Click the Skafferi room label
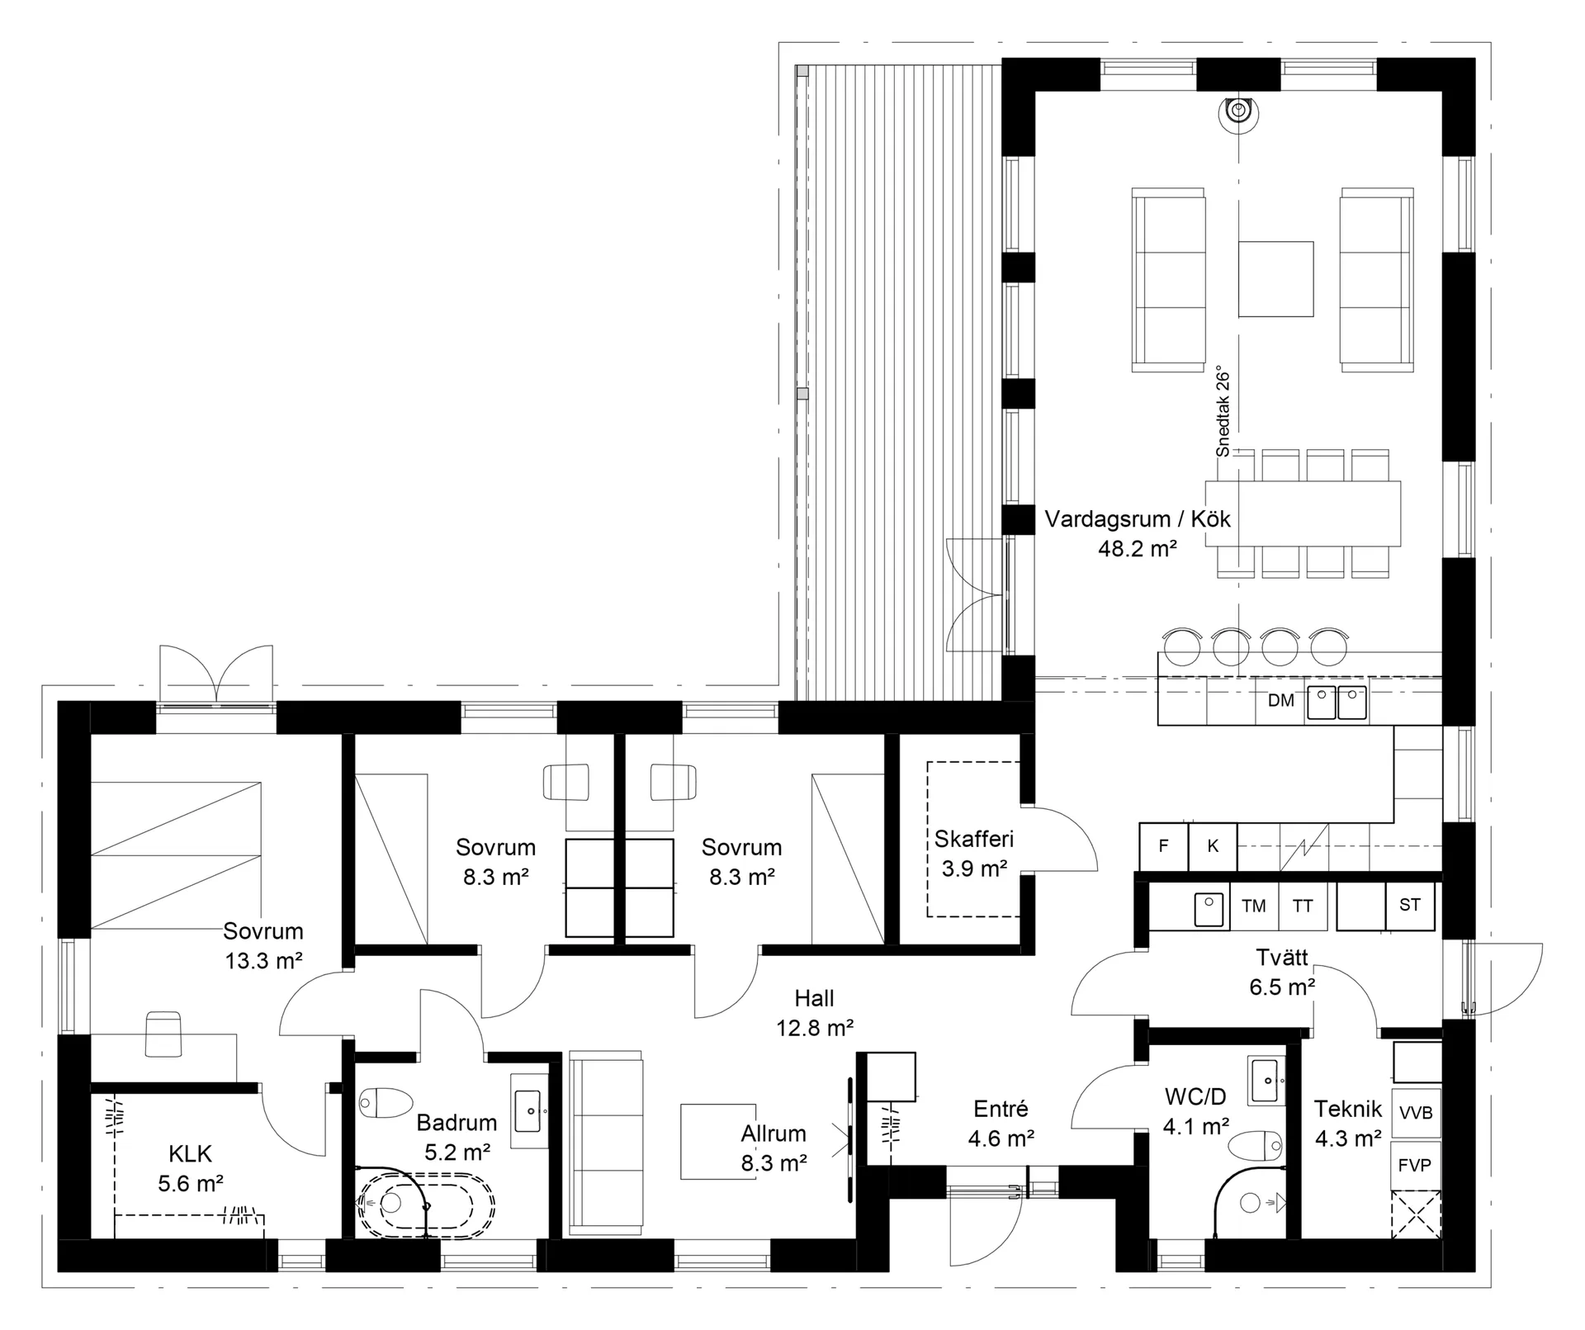coord(974,840)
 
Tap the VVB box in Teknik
coord(1416,1113)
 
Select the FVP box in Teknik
coord(1416,1165)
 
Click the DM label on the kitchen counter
coord(1280,701)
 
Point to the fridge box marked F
coord(1164,846)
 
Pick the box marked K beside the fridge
coord(1213,846)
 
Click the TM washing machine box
coord(1254,906)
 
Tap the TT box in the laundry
coord(1303,906)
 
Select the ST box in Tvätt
coord(1410,906)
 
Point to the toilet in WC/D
coord(1256,1146)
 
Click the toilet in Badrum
coord(386,1102)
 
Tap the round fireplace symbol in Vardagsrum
coord(1237,111)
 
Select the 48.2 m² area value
coord(1137,548)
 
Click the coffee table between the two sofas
coord(1275,278)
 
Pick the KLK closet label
coord(190,1153)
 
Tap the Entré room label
coord(1001,1109)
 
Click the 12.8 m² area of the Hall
coord(814,1028)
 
